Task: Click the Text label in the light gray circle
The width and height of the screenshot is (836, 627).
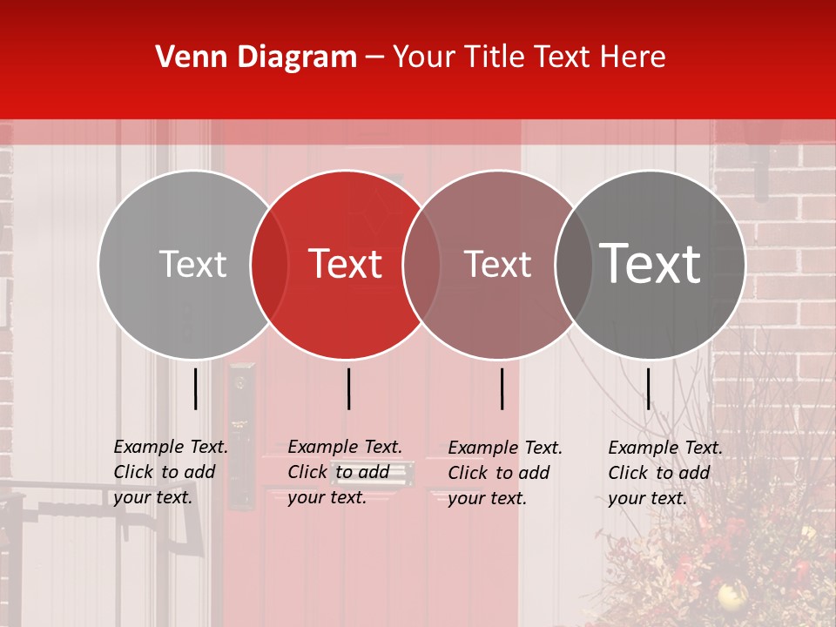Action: pyautogui.click(x=192, y=264)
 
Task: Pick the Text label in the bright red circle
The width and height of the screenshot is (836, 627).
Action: pyautogui.click(x=346, y=264)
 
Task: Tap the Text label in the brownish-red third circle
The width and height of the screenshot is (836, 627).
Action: pyautogui.click(x=497, y=264)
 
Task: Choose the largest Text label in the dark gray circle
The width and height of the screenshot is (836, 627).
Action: pyautogui.click(x=651, y=264)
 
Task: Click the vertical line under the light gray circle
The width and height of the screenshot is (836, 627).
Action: pyautogui.click(x=195, y=388)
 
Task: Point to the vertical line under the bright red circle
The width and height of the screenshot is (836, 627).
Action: pyautogui.click(x=348, y=388)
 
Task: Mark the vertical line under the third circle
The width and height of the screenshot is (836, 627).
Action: pyautogui.click(x=502, y=388)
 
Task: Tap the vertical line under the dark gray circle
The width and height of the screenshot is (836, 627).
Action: pyautogui.click(x=648, y=388)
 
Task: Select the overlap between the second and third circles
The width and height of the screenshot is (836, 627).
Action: pyautogui.click(x=421, y=265)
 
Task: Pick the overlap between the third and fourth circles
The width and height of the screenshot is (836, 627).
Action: pyautogui.click(x=574, y=265)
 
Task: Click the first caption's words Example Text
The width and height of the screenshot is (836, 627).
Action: pyautogui.click(x=171, y=447)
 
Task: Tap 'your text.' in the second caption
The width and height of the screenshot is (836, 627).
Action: pyautogui.click(x=327, y=497)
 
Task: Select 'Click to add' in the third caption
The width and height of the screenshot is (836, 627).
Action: pyautogui.click(x=499, y=473)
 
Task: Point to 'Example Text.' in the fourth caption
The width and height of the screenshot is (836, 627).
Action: pyautogui.click(x=665, y=448)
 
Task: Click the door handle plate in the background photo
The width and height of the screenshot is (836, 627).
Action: pyautogui.click(x=241, y=435)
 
